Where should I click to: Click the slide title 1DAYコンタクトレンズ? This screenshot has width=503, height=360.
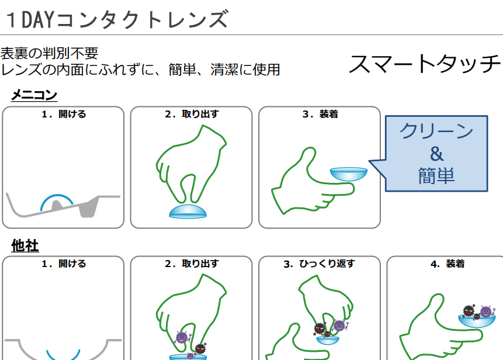click(x=117, y=19)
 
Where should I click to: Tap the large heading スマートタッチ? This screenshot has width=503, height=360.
click(x=424, y=64)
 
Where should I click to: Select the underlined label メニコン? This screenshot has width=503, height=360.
click(x=34, y=95)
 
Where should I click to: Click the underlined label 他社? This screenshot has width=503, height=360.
click(x=25, y=246)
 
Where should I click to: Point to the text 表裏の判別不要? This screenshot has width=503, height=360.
click(x=49, y=53)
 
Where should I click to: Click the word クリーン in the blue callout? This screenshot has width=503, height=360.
click(x=436, y=131)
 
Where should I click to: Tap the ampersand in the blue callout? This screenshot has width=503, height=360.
click(x=436, y=154)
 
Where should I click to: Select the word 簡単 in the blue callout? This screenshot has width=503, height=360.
click(x=436, y=176)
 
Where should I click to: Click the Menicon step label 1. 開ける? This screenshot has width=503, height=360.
click(x=64, y=114)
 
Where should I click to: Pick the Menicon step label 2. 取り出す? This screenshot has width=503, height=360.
click(x=192, y=114)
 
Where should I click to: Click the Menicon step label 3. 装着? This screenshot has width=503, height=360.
click(x=320, y=114)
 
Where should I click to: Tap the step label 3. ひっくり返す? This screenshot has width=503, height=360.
click(x=320, y=264)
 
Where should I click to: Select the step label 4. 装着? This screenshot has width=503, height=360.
click(x=448, y=264)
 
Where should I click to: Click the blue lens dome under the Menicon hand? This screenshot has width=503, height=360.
click(x=188, y=212)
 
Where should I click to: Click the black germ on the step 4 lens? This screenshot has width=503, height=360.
click(x=469, y=310)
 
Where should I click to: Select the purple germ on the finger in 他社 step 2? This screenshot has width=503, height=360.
click(x=182, y=338)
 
